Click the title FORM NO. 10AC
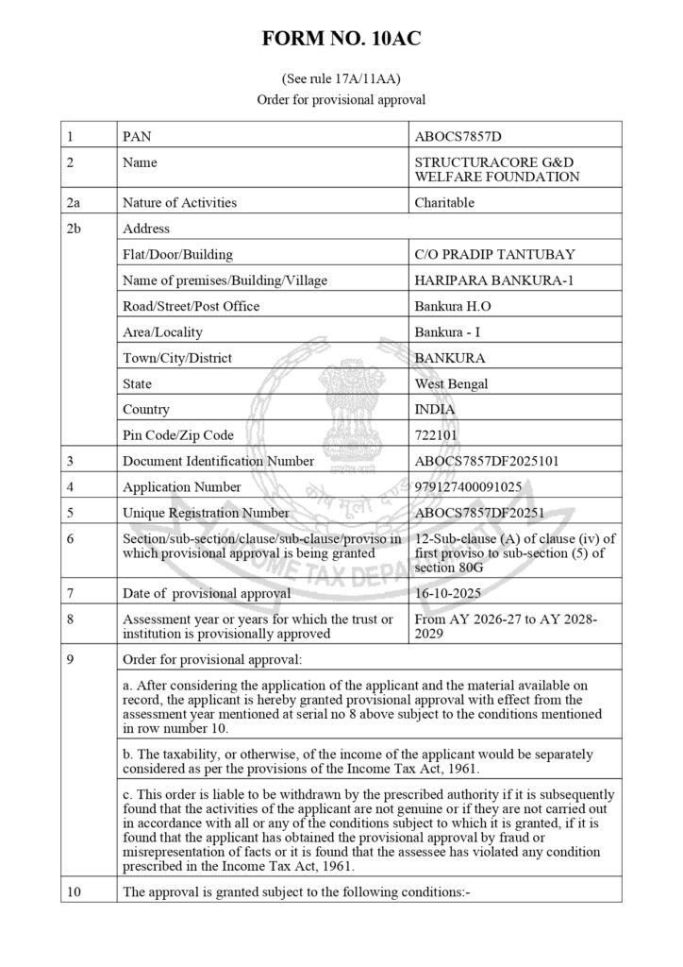(x=341, y=39)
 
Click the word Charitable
(x=443, y=202)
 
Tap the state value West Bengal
(x=452, y=384)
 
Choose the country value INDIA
(x=434, y=410)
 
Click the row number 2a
(x=75, y=202)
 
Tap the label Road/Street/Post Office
(x=191, y=306)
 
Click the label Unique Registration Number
(x=206, y=513)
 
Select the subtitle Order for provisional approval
(x=341, y=98)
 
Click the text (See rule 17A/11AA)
(x=341, y=78)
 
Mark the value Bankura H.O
(x=453, y=306)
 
